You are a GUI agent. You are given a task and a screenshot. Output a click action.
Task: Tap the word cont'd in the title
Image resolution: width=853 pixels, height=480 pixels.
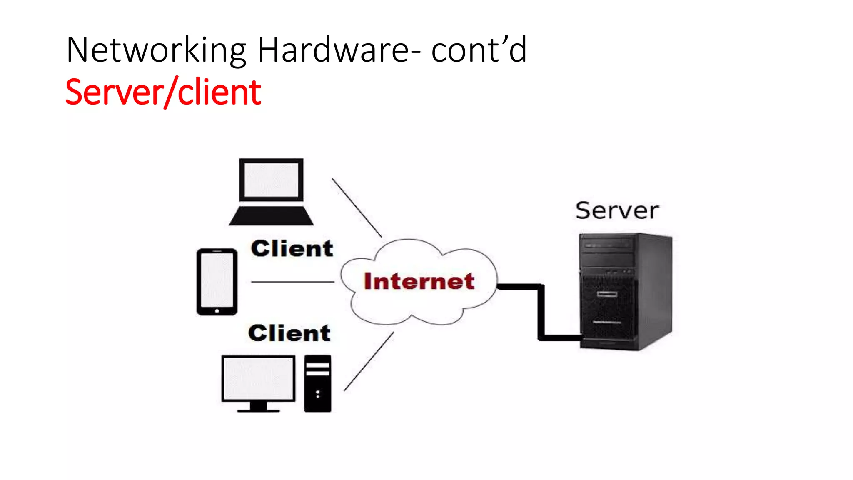click(x=479, y=50)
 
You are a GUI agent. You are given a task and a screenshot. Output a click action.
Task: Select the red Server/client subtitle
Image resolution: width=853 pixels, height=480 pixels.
click(x=163, y=92)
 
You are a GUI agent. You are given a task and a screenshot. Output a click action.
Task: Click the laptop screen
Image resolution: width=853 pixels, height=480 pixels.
click(x=271, y=180)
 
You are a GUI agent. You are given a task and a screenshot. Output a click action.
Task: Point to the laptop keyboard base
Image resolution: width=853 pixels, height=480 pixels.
click(x=271, y=216)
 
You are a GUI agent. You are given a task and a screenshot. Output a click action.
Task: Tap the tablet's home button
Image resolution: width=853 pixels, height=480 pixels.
click(x=217, y=311)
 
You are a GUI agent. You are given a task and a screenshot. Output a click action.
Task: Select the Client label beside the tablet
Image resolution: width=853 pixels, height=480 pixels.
click(x=292, y=249)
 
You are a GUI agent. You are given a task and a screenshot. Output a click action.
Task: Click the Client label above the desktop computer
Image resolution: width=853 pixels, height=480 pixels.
click(x=289, y=333)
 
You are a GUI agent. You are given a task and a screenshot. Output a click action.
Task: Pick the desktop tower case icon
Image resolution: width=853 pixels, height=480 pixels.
click(x=318, y=383)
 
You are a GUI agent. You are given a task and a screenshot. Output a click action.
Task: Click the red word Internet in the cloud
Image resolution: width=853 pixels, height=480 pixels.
click(x=419, y=281)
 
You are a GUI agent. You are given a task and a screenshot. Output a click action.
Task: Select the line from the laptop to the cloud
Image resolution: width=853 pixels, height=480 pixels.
click(x=357, y=207)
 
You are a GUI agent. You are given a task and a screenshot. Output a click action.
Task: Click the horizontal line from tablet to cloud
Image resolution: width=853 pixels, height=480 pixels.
click(x=292, y=282)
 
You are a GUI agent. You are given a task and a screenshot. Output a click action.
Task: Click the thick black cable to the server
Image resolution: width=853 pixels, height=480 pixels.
click(x=541, y=312)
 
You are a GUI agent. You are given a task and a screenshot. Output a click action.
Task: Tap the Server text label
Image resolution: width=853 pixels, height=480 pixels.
click(x=617, y=210)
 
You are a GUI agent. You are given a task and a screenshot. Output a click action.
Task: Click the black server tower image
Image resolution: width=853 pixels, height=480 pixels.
click(x=625, y=292)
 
